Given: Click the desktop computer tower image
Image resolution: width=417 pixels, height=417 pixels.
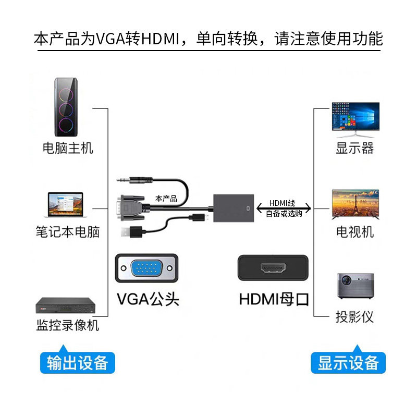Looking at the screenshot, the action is tap(66, 107).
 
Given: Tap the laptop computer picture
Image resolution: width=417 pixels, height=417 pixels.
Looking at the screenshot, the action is tap(66, 204).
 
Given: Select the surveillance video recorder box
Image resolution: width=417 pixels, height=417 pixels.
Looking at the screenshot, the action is tap(66, 305).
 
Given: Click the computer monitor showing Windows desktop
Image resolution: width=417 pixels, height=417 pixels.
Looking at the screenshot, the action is tap(355, 120).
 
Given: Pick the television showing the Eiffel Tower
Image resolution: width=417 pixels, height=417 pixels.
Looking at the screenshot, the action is tap(355, 204).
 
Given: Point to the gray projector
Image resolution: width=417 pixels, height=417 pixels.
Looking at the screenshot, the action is tap(355, 286).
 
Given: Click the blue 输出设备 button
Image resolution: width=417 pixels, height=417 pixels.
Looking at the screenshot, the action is tap(77, 362).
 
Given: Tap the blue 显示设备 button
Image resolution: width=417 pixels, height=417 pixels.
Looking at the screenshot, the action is tap(348, 362).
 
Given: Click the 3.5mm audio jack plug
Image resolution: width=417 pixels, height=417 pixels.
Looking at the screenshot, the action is tap(134, 180).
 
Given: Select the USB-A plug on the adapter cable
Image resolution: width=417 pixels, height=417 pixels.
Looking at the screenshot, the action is tap(132, 231).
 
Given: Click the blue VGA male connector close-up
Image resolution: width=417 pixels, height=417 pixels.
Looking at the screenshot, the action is tap(146, 268).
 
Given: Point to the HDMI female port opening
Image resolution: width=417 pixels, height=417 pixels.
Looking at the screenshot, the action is tap(273, 268).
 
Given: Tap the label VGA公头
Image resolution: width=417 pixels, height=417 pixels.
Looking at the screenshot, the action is tap(148, 299).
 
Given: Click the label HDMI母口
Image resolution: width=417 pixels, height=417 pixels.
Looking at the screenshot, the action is tap(274, 299).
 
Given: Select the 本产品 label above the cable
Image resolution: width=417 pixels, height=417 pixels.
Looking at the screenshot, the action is tap(166, 199).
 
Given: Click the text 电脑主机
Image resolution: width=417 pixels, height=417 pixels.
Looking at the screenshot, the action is tap(68, 148).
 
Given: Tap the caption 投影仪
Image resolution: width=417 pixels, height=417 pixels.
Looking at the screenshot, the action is tap(354, 317).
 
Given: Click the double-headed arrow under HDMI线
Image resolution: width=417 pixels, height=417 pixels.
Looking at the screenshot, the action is tap(284, 208).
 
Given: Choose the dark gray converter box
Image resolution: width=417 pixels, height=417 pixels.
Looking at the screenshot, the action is tap(234, 208).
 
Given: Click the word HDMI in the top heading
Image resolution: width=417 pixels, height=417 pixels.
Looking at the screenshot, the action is tap(161, 39).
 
